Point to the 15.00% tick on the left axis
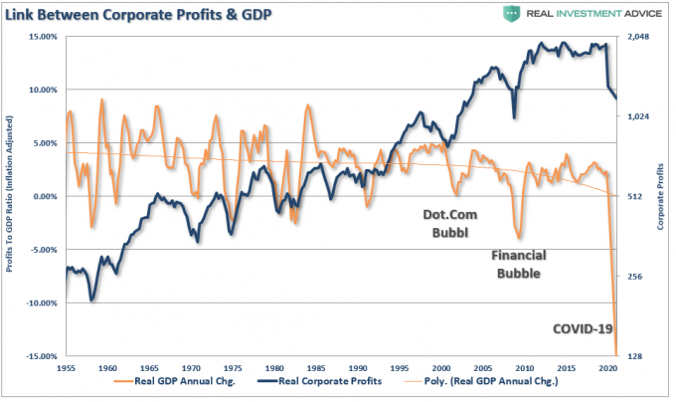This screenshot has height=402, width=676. [x=41, y=37]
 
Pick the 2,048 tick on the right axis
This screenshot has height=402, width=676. [x=637, y=37]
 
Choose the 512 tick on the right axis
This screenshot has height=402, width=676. [x=632, y=196]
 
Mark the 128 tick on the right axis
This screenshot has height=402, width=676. [x=632, y=355]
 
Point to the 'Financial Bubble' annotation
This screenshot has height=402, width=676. [x=518, y=264]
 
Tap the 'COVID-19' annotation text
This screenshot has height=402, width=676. [x=582, y=329]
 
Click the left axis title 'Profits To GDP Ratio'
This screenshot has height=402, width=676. [x=12, y=196]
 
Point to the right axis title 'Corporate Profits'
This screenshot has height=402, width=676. [x=661, y=196]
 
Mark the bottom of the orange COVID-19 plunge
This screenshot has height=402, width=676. [x=616, y=352]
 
